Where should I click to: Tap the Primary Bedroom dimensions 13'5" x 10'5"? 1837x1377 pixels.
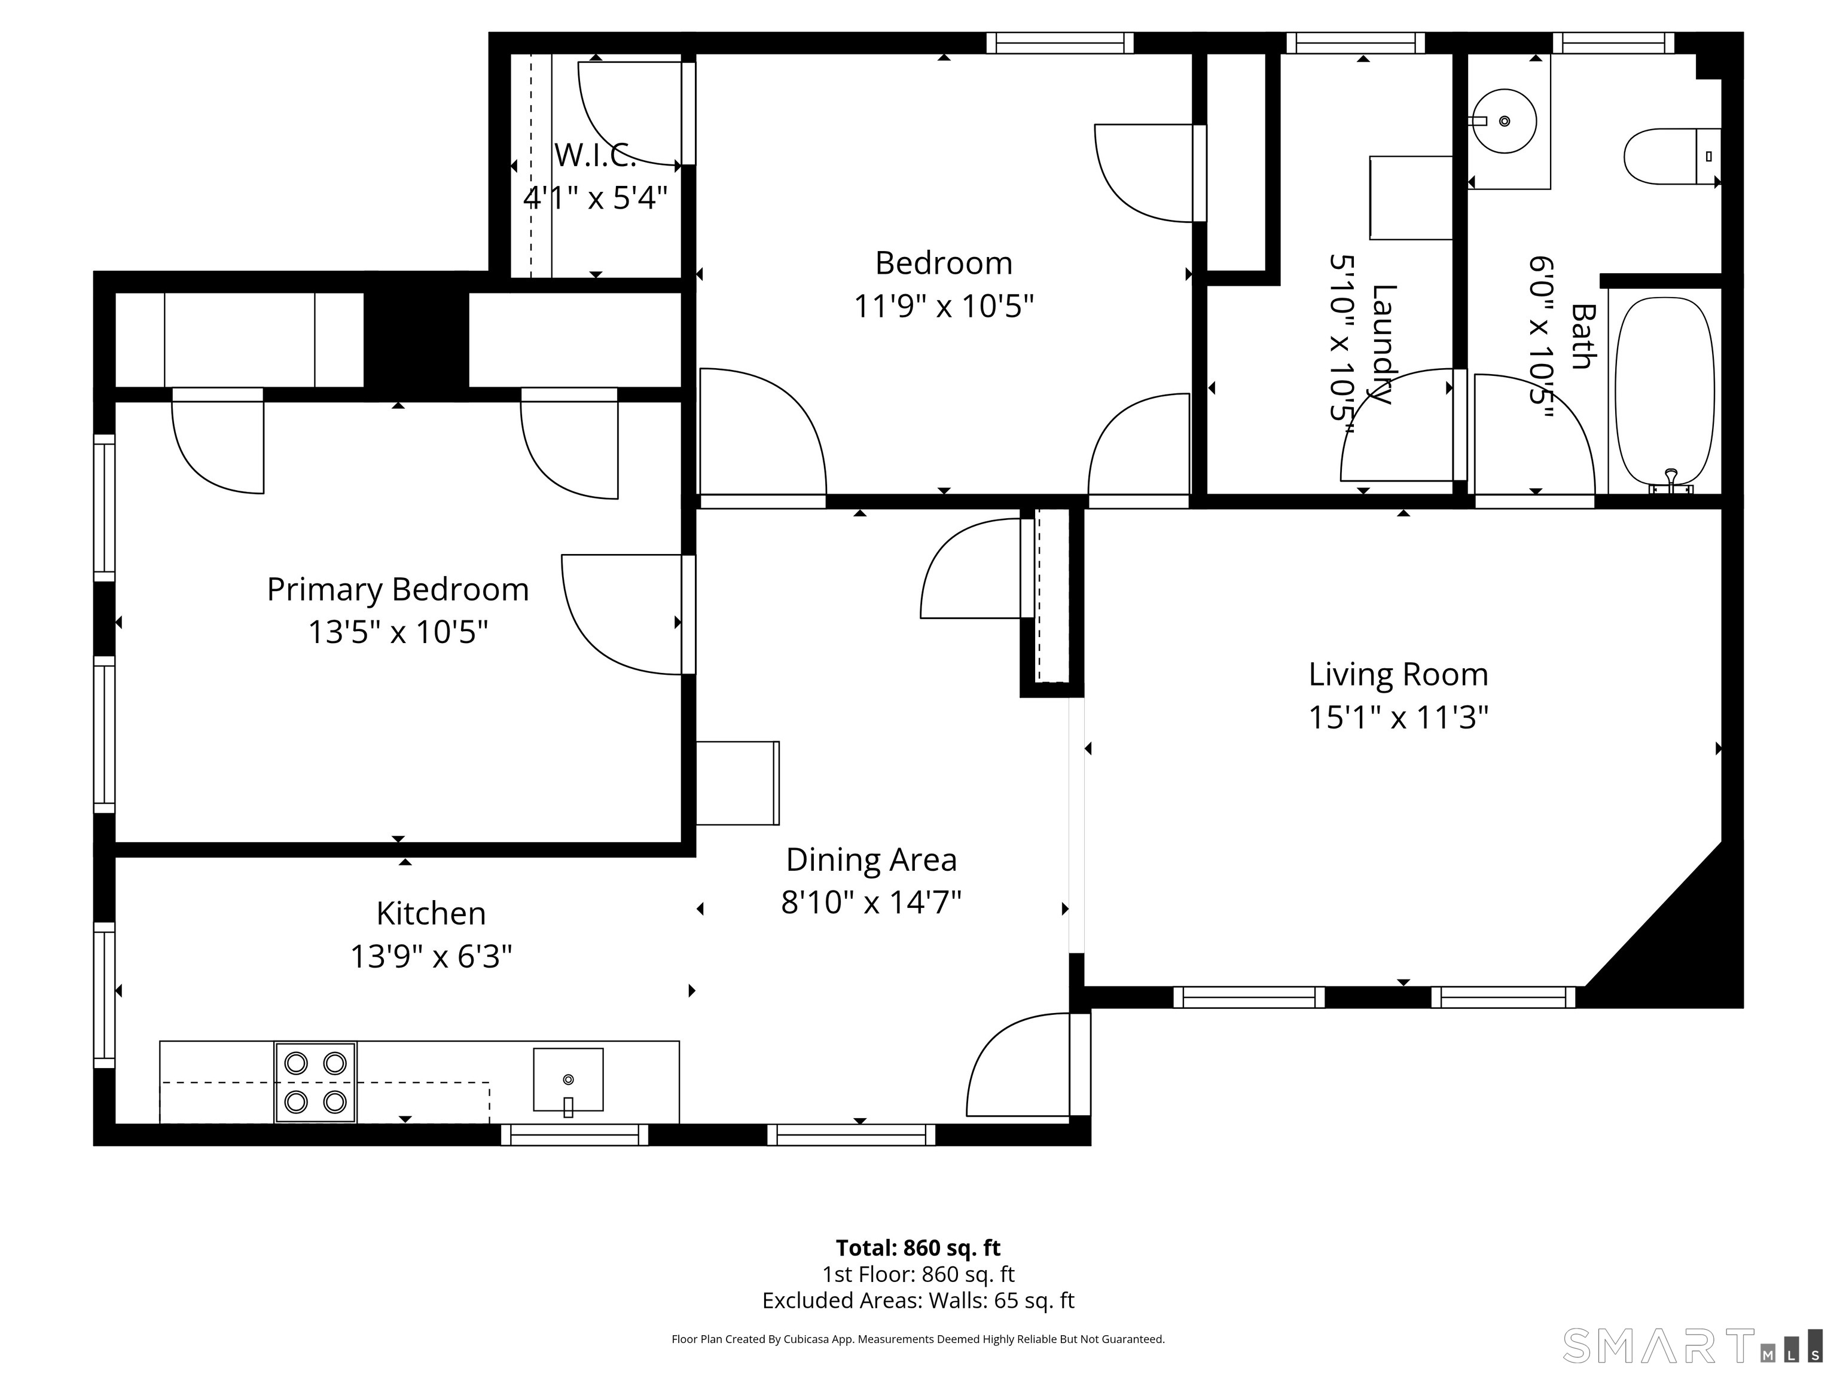point(398,632)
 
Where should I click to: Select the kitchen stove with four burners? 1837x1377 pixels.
point(316,1082)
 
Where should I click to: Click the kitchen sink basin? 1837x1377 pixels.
point(568,1079)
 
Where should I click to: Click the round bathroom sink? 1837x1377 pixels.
point(1505,121)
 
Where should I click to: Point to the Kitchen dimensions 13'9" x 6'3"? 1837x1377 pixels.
point(431,956)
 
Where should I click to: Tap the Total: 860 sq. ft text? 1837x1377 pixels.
point(918,1247)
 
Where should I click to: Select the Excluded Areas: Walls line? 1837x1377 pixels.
point(918,1300)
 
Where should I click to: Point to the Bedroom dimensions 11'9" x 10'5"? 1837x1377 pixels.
point(944,306)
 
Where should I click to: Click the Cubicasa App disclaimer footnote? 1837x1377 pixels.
point(918,1339)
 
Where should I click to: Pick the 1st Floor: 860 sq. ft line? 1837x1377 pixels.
point(918,1274)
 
